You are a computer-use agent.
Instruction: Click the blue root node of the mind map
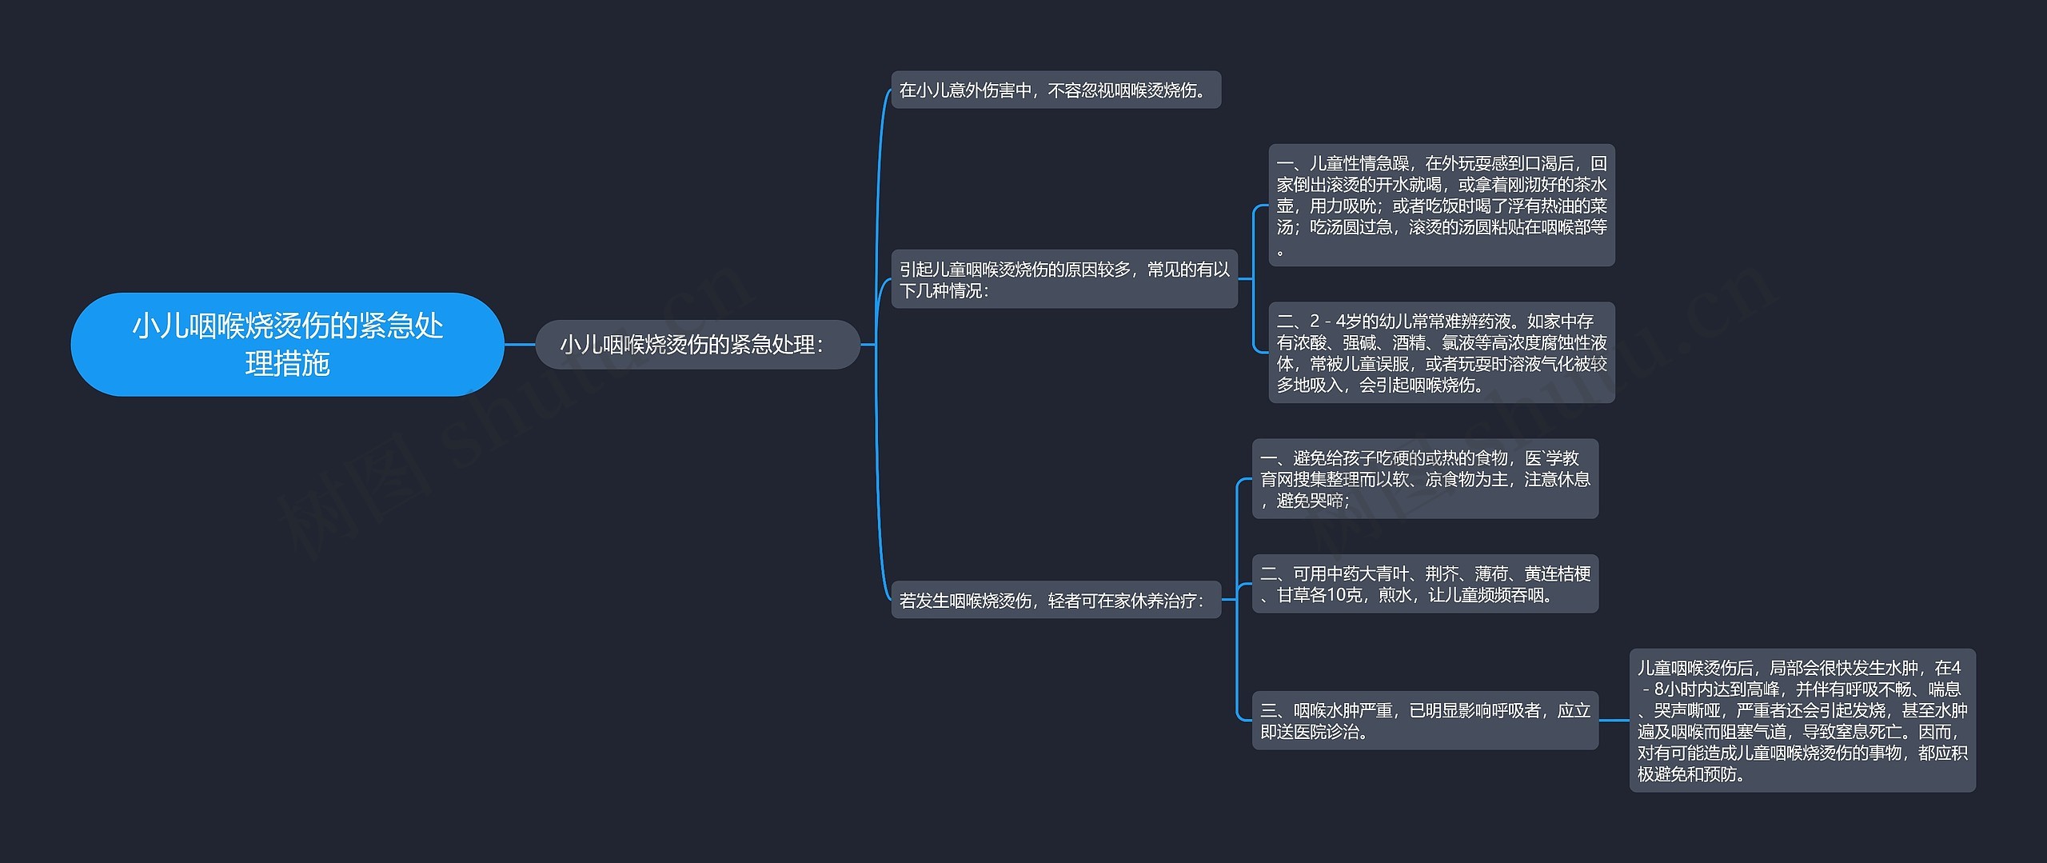point(287,344)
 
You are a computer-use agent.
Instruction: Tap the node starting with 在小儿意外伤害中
point(1055,90)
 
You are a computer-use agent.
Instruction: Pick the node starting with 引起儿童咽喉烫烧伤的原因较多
point(1064,279)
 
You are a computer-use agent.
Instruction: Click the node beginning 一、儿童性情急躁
point(1442,206)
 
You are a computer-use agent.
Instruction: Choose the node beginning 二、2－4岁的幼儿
point(1442,353)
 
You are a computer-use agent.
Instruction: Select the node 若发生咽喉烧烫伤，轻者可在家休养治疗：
point(1055,600)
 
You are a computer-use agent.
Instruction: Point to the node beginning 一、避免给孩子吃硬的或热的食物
point(1425,479)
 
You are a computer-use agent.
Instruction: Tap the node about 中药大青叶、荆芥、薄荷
point(1425,584)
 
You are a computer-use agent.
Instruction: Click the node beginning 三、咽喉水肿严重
point(1425,721)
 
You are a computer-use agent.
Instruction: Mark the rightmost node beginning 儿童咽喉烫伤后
point(1802,721)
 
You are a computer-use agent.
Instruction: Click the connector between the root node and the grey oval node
point(520,345)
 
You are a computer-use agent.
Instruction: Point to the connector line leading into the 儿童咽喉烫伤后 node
point(1614,721)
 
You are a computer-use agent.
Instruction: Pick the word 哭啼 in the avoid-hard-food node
point(1327,501)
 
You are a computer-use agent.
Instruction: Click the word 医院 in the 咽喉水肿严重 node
point(1310,732)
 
